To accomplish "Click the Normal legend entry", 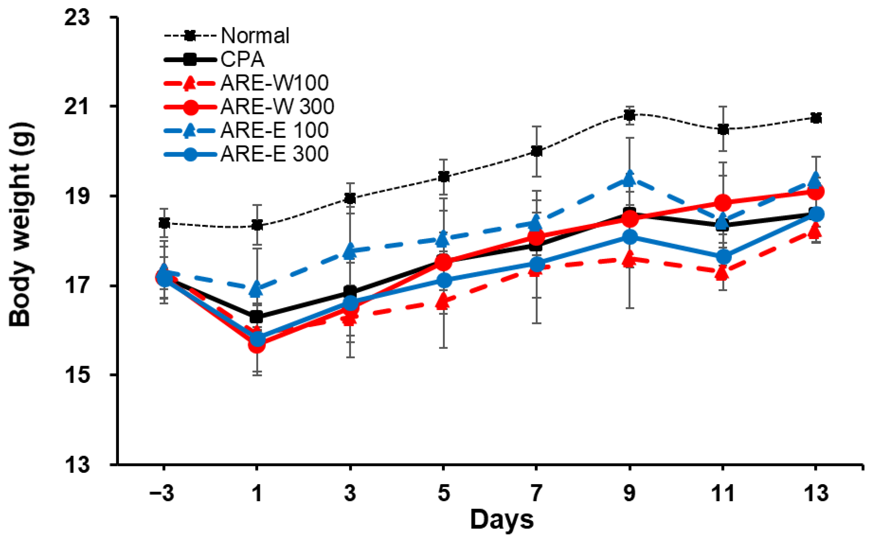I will pos(255,36).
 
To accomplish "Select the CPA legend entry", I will pos(242,59).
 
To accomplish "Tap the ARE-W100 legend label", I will pos(274,83).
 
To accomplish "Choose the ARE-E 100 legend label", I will pos(274,130).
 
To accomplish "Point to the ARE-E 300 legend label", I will pos(274,154).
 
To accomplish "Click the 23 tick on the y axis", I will pos(77,17).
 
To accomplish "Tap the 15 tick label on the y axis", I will pos(77,375).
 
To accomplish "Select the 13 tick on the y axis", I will pos(77,465).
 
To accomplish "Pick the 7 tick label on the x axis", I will pos(536,493).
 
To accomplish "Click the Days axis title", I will pos(502,520).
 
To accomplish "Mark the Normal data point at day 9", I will pos(630,115).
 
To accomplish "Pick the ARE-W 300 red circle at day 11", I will pos(723,203).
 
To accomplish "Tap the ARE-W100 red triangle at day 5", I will pos(444,301).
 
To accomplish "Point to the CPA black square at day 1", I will pos(256,317).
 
